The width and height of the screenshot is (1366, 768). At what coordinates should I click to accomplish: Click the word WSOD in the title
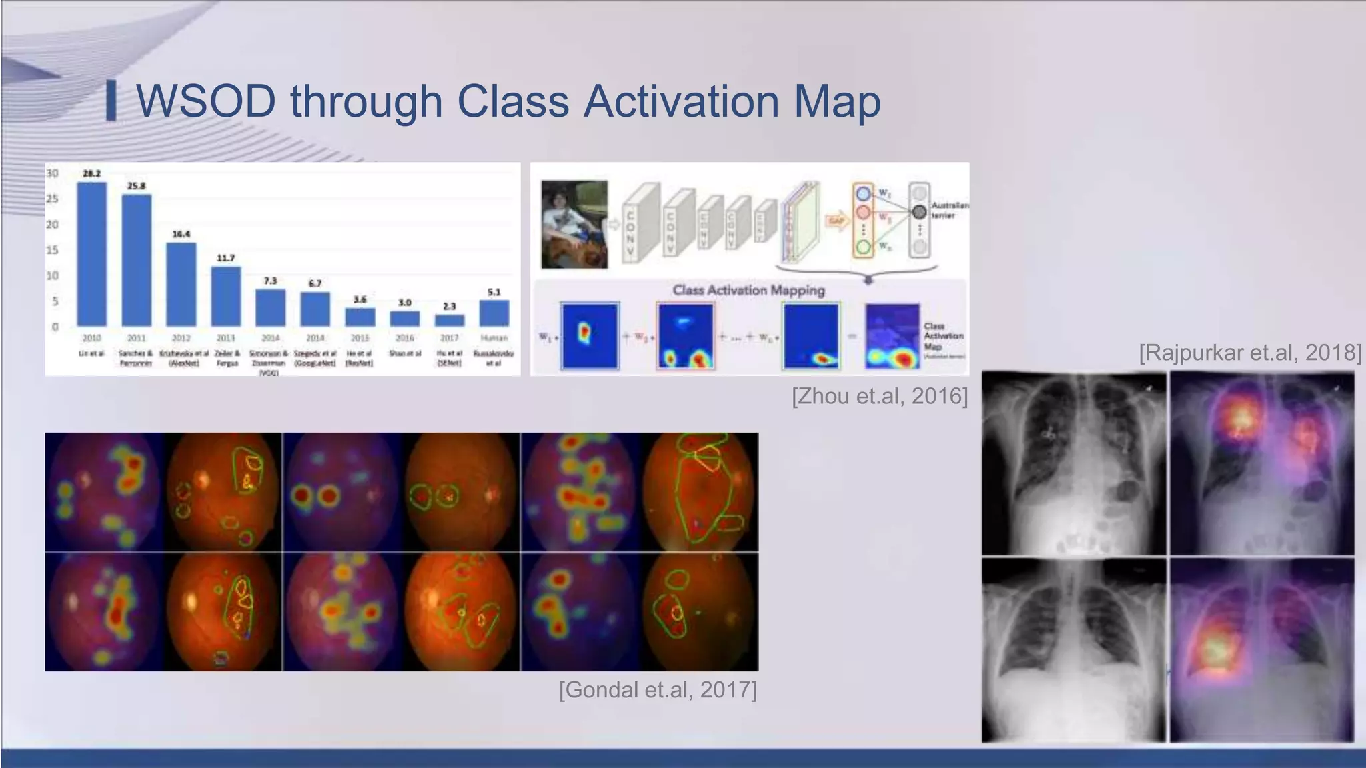[x=205, y=101]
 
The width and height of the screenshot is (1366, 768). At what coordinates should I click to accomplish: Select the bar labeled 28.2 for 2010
[x=91, y=253]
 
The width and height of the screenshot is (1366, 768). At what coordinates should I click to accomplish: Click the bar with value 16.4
[x=181, y=284]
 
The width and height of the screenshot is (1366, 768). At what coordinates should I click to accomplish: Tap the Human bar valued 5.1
[x=494, y=313]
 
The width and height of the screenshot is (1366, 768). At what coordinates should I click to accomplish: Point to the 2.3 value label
[x=449, y=306]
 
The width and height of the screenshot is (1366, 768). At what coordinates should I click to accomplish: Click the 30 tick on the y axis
[x=52, y=173]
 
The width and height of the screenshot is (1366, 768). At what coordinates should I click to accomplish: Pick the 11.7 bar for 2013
[x=225, y=296]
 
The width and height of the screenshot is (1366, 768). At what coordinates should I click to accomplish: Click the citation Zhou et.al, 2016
[x=879, y=396]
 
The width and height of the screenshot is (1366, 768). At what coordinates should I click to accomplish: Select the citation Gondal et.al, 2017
[x=658, y=689]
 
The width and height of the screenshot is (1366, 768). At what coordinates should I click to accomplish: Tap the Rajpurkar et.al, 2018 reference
[x=1249, y=352]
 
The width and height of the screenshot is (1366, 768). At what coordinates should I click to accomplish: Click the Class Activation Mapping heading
[x=748, y=290]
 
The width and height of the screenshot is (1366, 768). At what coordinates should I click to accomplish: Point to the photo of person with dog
[x=574, y=224]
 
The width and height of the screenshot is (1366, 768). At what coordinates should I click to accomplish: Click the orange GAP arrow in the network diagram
[x=836, y=221]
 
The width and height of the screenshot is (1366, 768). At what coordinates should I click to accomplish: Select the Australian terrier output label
[x=949, y=210]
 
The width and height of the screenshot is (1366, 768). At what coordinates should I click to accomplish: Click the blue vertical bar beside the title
[x=111, y=101]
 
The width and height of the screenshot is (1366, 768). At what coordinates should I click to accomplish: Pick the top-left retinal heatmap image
[x=104, y=492]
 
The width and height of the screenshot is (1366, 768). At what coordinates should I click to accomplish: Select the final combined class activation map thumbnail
[x=892, y=337]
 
